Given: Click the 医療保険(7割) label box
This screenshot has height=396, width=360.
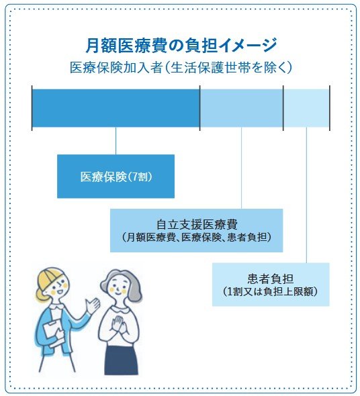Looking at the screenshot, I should click(x=116, y=177).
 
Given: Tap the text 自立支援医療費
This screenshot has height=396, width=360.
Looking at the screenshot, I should click(x=196, y=223).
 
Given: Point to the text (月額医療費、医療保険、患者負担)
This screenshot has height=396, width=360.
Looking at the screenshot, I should click(x=196, y=238).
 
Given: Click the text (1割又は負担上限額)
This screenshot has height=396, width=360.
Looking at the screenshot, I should click(x=271, y=292).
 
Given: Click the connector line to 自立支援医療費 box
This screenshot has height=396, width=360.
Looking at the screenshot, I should click(x=241, y=168).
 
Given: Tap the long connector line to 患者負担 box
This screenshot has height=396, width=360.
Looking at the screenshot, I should click(x=306, y=195).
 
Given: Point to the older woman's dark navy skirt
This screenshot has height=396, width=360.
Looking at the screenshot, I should click(x=121, y=359).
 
